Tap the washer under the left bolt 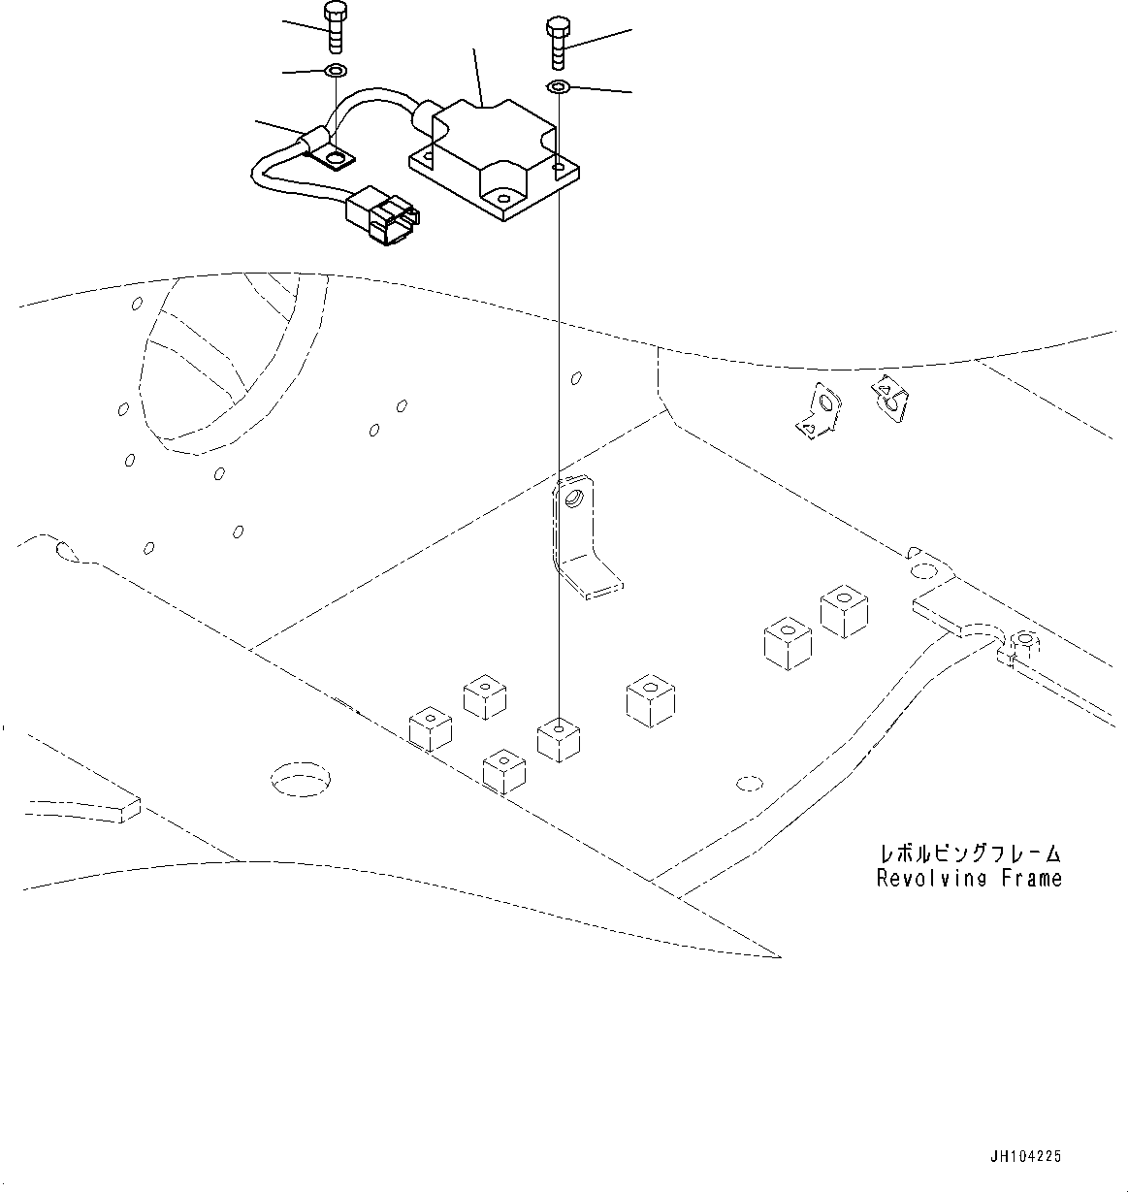point(335,71)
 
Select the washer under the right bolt point(558,88)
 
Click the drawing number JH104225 point(1025,1156)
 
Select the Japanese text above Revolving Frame point(969,854)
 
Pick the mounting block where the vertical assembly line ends point(559,739)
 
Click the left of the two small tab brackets point(817,411)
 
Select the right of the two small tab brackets point(890,397)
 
